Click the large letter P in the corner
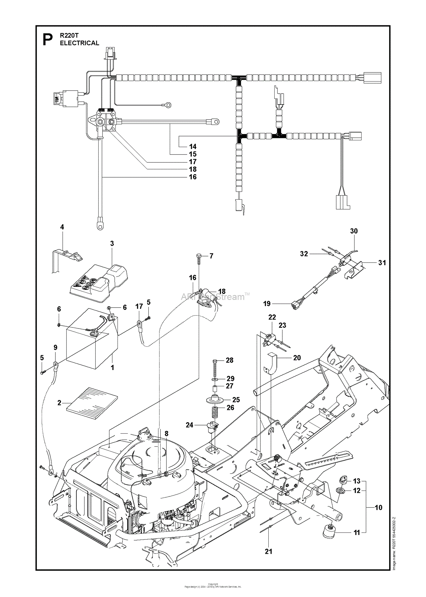pos(48,40)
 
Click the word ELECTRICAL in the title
pos(80,43)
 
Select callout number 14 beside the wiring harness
pos(193,147)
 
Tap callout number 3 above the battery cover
pos(112,243)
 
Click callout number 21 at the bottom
pos(268,551)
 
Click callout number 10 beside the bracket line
pos(379,507)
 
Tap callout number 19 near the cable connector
pos(267,304)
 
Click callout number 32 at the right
pos(304,254)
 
